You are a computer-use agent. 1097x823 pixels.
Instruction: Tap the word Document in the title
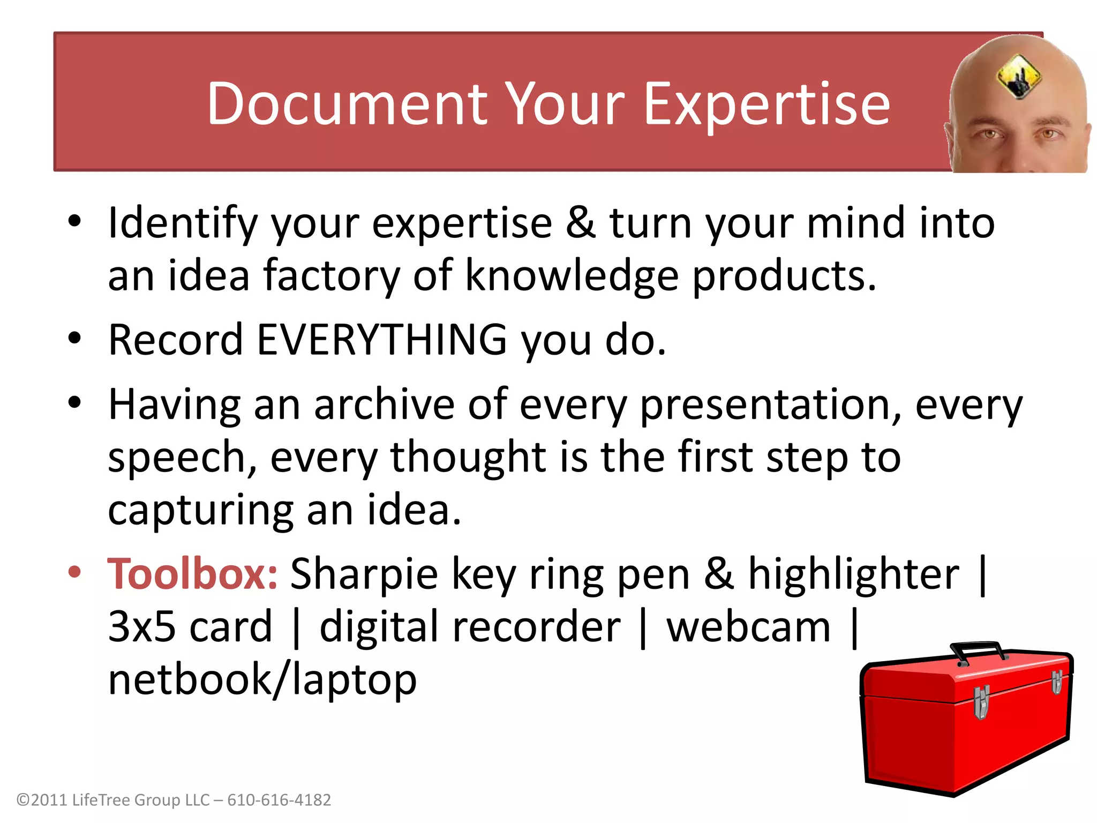click(347, 104)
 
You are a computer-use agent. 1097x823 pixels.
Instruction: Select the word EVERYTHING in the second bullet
click(382, 340)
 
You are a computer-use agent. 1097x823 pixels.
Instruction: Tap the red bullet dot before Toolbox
click(74, 572)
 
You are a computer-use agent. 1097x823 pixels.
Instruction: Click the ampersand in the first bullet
click(581, 223)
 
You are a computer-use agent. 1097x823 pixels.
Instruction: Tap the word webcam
click(748, 627)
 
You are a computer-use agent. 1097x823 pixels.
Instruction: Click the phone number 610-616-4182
click(279, 800)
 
